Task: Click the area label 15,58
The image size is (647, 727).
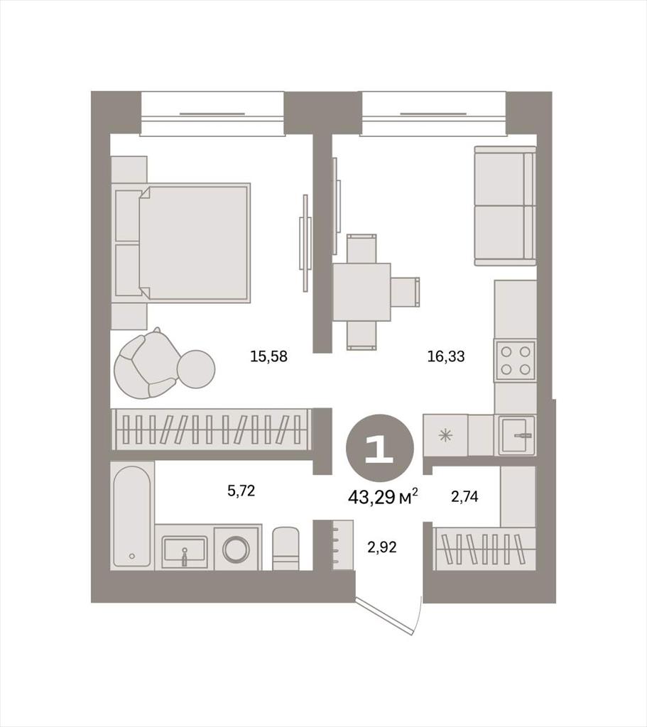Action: [268, 356]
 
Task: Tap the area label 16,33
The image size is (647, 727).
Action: [446, 356]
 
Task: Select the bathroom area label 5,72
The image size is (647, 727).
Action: [241, 491]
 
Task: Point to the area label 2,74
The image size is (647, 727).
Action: [464, 497]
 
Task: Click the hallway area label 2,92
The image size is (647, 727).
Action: [381, 547]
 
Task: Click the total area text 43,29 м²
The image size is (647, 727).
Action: [383, 498]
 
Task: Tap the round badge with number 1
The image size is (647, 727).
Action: [380, 448]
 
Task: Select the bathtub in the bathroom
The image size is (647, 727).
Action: [132, 515]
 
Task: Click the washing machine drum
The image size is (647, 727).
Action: [236, 550]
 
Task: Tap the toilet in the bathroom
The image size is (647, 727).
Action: [286, 548]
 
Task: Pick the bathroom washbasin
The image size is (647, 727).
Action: [185, 552]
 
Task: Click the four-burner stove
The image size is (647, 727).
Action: [516, 361]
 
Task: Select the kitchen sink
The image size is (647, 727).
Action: [517, 436]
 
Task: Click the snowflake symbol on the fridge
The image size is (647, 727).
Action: [446, 436]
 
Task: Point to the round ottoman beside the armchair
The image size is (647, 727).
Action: [196, 368]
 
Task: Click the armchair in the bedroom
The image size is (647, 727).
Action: [146, 364]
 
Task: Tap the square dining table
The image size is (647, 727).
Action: [361, 292]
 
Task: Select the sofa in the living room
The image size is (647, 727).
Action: [505, 206]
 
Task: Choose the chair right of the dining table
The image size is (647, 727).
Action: [405, 292]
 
